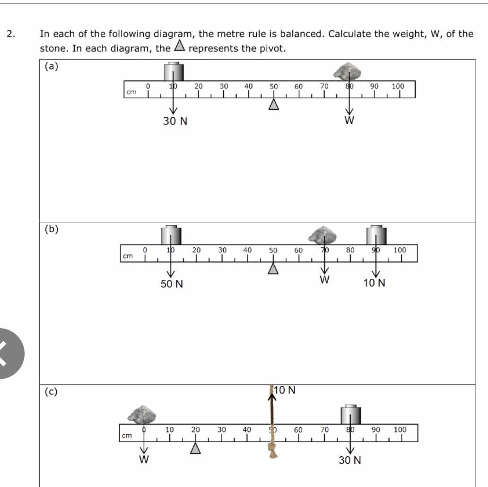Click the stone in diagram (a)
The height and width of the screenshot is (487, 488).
348,71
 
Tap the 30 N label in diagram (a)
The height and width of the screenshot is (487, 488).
175,122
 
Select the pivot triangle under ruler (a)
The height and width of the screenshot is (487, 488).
273,104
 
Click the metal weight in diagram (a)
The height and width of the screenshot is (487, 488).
174,71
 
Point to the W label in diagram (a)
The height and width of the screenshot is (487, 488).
349,120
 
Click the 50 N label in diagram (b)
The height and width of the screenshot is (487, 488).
172,284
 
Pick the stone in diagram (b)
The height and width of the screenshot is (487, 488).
322,234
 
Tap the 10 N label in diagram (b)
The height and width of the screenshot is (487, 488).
375,283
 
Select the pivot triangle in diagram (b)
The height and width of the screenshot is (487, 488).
273,269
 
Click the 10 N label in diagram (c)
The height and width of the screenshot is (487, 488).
285,390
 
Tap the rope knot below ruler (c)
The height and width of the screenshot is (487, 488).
272,450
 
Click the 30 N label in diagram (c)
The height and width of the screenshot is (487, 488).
349,460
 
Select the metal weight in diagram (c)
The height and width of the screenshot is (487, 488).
350,415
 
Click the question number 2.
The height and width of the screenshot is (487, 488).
10,34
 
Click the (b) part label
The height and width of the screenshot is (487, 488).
51,229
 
